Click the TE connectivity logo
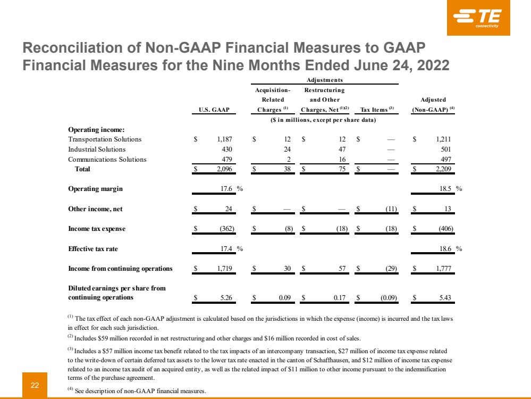coord(478,18)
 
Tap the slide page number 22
coord(35,385)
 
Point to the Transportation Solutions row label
coord(105,139)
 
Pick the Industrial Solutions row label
coord(97,149)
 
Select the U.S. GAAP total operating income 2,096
coord(220,170)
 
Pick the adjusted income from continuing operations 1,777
coord(442,269)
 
